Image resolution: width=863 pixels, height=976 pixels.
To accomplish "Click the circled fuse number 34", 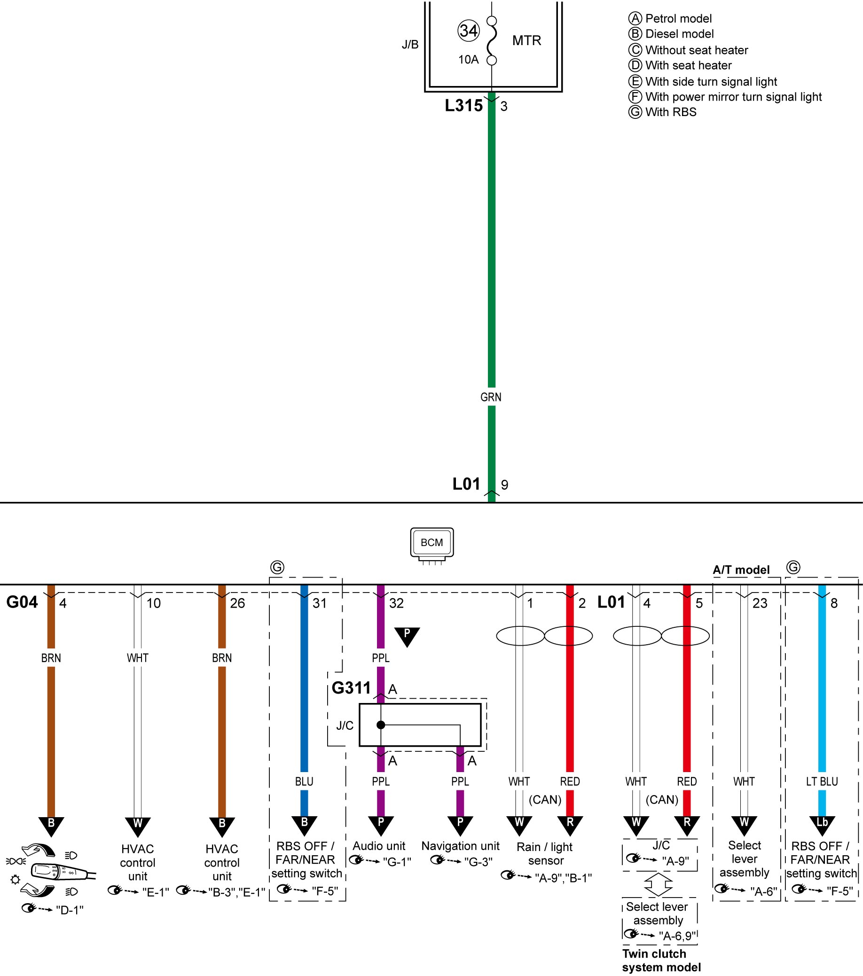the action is click(x=468, y=31).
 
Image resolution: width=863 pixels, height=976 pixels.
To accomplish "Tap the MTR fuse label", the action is click(x=526, y=40).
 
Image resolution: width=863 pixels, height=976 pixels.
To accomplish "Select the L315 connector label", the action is click(x=463, y=106).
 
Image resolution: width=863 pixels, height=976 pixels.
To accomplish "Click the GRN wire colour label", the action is click(x=490, y=397).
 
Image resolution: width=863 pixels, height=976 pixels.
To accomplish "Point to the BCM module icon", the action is click(x=432, y=545).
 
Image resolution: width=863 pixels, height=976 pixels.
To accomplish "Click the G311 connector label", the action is click(x=351, y=688).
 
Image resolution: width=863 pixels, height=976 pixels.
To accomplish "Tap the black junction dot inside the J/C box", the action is click(x=381, y=725).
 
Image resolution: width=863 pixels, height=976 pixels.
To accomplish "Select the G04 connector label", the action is click(x=22, y=602).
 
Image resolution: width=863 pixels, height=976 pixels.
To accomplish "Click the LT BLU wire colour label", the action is click(x=822, y=781).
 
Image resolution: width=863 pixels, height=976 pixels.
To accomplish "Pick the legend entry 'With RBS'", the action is click(x=662, y=112).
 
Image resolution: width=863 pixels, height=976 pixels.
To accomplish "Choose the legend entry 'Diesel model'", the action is click(x=671, y=34).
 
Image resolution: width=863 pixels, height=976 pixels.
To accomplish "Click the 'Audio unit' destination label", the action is click(x=379, y=846).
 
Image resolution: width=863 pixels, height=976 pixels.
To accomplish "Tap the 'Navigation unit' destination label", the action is click(x=460, y=846).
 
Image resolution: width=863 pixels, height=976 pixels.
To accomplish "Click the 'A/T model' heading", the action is click(x=741, y=570).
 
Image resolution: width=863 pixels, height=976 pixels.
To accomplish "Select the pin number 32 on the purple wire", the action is click(x=396, y=603).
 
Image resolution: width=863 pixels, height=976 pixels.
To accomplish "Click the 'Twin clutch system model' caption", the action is click(x=661, y=960).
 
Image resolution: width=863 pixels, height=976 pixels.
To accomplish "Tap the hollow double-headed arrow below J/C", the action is click(x=658, y=884).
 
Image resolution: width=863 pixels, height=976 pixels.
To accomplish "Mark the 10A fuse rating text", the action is click(x=468, y=60).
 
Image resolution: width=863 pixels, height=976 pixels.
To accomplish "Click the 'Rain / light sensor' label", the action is click(x=545, y=854).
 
